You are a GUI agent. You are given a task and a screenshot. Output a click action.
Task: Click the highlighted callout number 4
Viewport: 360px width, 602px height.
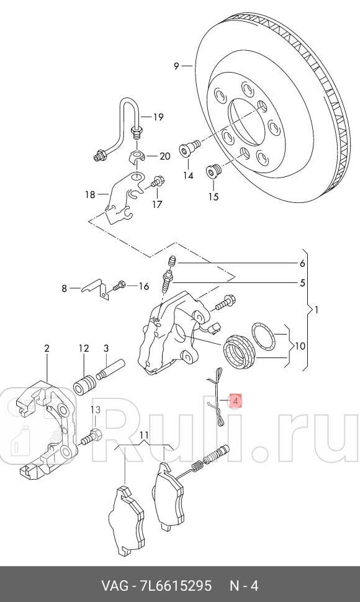(x=235, y=402)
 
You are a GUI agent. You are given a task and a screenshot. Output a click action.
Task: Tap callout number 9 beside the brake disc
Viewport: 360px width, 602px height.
(x=176, y=65)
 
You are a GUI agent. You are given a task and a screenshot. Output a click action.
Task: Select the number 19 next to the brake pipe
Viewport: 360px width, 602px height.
(x=158, y=117)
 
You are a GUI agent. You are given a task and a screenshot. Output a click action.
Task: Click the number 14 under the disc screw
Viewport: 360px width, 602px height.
(x=188, y=176)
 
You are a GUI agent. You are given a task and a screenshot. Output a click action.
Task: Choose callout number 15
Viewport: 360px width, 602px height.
(x=214, y=197)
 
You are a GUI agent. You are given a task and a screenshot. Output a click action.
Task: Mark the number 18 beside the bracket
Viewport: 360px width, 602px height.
(x=91, y=194)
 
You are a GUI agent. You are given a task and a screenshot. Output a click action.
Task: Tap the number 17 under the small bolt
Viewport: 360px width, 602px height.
(x=156, y=204)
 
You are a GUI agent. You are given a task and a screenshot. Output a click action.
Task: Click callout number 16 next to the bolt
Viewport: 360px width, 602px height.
(x=143, y=286)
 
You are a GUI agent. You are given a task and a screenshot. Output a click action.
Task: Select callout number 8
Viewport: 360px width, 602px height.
(x=63, y=287)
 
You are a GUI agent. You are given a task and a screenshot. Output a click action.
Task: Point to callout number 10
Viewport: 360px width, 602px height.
(x=300, y=346)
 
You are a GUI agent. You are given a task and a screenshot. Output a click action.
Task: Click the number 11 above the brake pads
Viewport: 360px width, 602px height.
(x=144, y=434)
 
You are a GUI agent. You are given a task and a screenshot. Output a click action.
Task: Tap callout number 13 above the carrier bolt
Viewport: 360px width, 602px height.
(x=95, y=410)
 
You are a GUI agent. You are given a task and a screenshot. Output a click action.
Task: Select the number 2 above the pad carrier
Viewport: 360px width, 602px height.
(x=47, y=349)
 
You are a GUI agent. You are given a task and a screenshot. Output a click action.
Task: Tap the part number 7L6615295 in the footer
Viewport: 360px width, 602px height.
(x=174, y=586)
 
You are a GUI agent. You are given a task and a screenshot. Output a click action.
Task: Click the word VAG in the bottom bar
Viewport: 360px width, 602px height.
(x=114, y=586)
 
